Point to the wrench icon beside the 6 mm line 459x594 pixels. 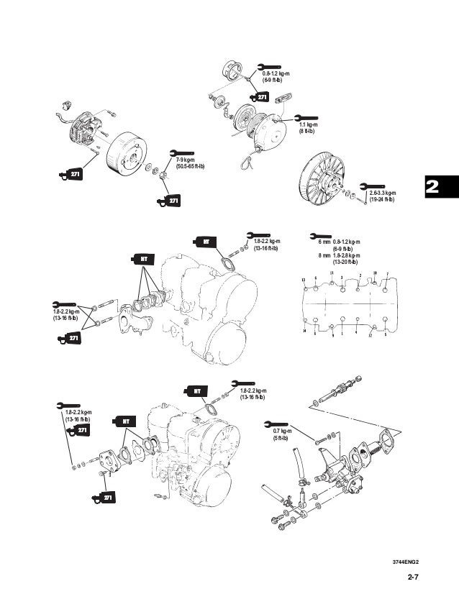tap(314, 236)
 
